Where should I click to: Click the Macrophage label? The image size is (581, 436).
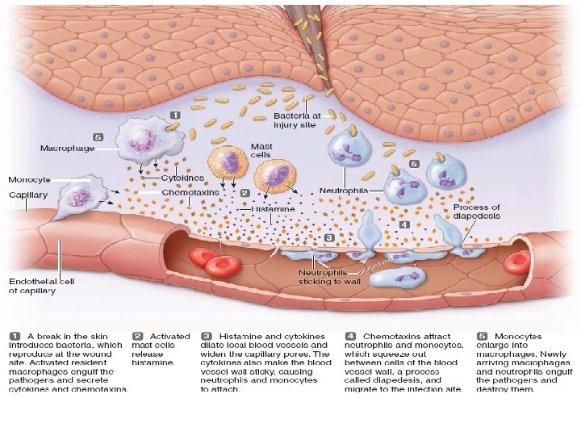[68, 149]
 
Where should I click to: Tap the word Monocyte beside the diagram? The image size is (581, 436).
[29, 178]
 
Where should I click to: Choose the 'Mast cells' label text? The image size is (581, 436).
[260, 150]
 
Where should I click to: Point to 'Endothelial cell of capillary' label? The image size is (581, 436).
[41, 286]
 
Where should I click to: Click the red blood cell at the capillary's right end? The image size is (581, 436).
[516, 261]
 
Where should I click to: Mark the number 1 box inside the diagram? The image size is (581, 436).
[173, 114]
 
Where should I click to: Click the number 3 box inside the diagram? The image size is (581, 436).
[328, 238]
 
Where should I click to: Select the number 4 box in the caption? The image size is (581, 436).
[350, 336]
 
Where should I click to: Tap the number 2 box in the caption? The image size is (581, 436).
[138, 336]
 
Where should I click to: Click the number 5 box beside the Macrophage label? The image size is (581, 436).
[98, 137]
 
